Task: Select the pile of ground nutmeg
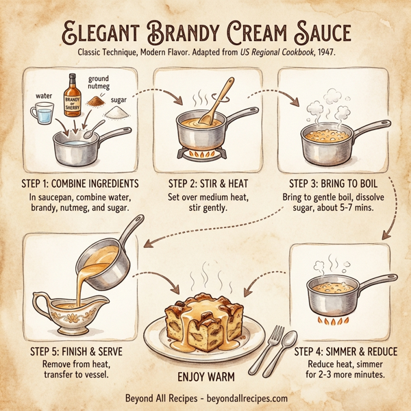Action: point(99,101)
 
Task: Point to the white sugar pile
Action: point(120,110)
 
